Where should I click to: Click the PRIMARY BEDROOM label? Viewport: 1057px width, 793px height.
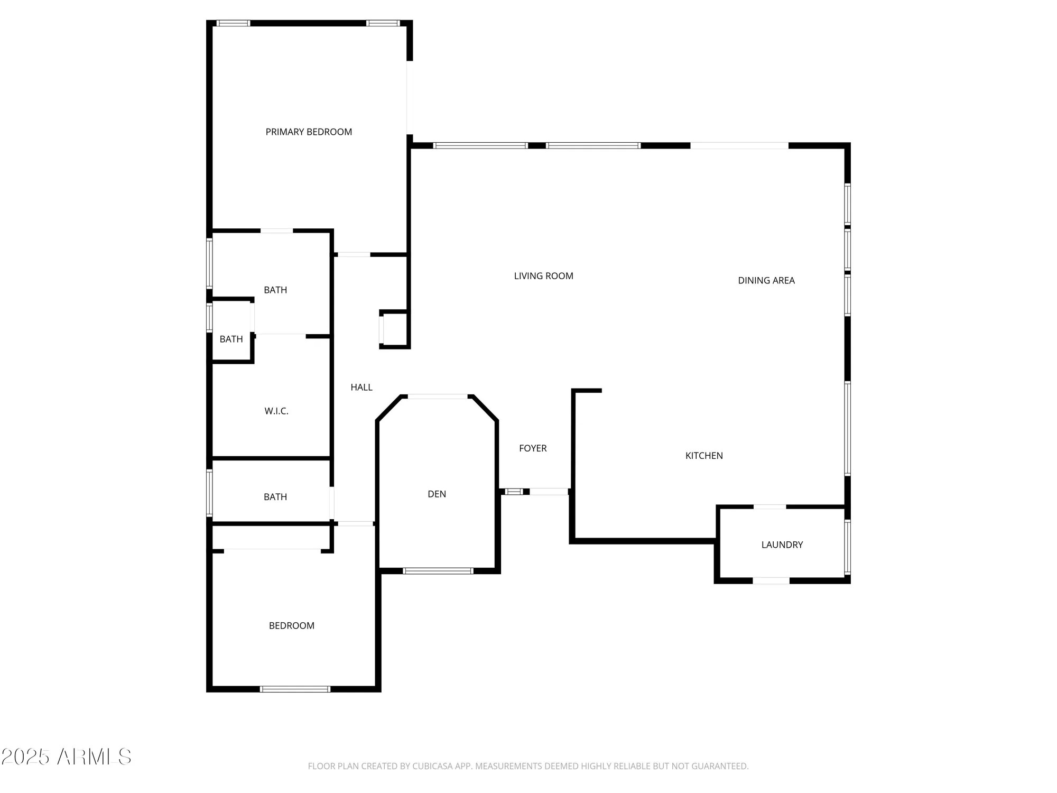[309, 132]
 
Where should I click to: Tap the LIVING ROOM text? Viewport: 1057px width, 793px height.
[543, 276]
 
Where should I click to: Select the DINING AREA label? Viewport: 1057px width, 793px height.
[766, 281]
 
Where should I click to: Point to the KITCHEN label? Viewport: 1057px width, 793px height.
[703, 456]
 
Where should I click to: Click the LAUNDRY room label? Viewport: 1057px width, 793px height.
[782, 545]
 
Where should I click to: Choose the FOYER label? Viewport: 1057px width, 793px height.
[532, 448]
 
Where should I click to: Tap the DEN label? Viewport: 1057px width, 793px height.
[437, 494]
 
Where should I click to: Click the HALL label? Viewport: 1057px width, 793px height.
[361, 388]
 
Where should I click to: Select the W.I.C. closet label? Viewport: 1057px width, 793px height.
[276, 411]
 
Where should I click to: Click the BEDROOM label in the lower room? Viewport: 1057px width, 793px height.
[291, 626]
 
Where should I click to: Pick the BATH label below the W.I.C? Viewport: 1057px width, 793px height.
[275, 497]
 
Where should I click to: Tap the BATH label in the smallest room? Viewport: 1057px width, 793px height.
[231, 339]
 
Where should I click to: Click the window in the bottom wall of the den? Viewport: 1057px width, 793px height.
[438, 571]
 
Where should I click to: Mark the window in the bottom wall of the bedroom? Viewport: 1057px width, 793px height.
[295, 689]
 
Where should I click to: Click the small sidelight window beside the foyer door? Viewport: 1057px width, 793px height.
[514, 492]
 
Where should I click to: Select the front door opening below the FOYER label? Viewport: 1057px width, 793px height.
[549, 492]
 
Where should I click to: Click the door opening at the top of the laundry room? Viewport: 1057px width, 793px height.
[769, 506]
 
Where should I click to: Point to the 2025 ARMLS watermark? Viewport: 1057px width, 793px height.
[66, 757]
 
